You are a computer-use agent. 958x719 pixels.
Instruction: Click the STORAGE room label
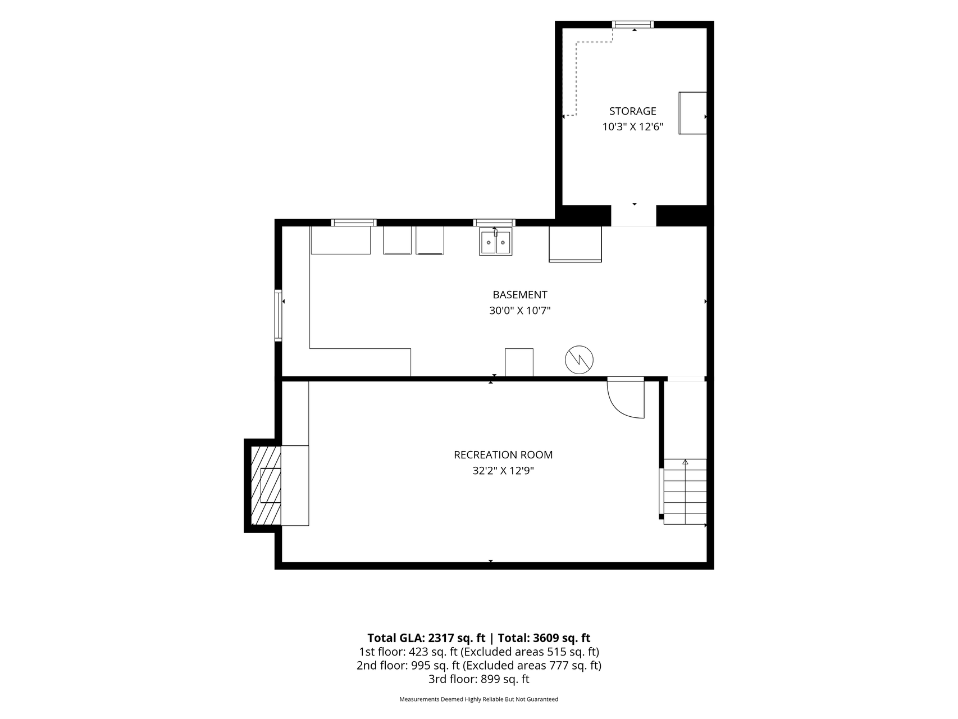click(632, 111)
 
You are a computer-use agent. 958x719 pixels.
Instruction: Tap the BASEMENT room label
click(520, 295)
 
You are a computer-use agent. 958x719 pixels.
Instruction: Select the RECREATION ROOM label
click(503, 455)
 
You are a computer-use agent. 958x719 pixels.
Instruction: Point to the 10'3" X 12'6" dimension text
click(633, 127)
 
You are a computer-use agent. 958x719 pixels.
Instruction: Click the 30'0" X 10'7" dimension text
click(520, 311)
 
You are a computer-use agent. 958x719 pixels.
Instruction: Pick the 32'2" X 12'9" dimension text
click(503, 471)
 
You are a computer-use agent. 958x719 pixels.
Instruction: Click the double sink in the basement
click(495, 242)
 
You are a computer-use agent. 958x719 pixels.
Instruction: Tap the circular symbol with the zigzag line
click(579, 360)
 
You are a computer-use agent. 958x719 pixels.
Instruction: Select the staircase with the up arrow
click(685, 492)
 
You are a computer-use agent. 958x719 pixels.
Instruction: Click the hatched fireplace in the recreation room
click(266, 485)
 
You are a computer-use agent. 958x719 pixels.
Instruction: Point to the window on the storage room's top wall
click(633, 24)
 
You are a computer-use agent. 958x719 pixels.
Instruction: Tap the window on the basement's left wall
click(278, 315)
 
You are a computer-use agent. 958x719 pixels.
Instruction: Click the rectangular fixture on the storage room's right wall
click(692, 113)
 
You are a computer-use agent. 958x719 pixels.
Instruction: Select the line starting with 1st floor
click(479, 652)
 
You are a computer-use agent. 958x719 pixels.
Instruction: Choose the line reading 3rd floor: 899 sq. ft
click(479, 679)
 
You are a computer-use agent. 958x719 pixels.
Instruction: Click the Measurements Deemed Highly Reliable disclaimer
click(479, 699)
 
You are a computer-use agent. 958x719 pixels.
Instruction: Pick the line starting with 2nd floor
click(479, 666)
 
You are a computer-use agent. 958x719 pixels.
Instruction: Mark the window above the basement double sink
click(494, 222)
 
